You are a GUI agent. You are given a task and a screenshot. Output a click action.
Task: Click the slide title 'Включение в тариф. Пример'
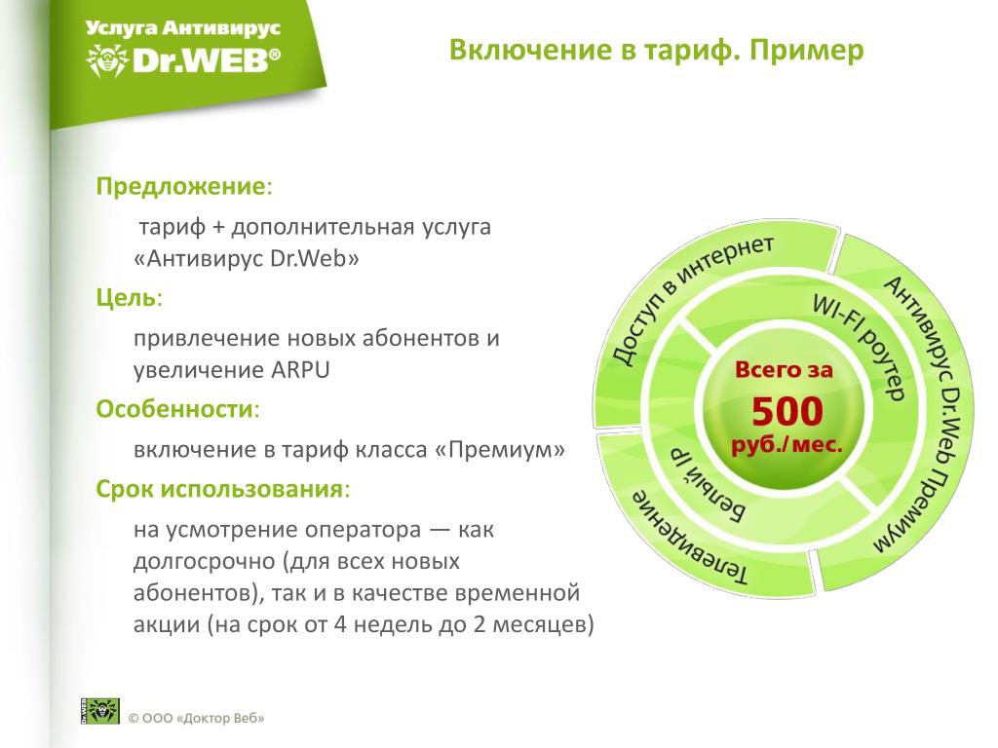click(x=656, y=50)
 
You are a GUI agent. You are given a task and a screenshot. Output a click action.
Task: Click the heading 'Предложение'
click(x=180, y=186)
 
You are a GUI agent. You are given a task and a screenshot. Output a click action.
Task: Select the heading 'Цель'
click(x=126, y=297)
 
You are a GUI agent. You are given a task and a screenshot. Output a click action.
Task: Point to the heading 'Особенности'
click(x=174, y=408)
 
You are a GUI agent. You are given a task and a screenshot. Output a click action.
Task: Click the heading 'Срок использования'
click(x=219, y=489)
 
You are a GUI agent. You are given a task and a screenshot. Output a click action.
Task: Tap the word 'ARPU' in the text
click(x=300, y=369)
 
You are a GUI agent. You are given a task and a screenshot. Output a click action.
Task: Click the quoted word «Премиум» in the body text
click(x=500, y=450)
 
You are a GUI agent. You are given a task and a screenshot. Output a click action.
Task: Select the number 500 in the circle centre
click(x=787, y=411)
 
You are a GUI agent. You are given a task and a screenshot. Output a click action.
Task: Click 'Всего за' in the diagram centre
click(x=784, y=369)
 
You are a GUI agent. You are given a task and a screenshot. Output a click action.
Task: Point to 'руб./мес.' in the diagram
click(x=787, y=444)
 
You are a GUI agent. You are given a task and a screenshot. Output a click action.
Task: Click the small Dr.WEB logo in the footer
click(x=100, y=710)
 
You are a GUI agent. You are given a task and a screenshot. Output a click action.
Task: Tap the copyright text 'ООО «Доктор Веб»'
click(x=203, y=718)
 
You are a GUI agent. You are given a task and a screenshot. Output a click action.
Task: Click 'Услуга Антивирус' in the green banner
click(x=182, y=28)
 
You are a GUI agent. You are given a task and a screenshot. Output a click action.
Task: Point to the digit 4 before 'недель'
click(x=340, y=624)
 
